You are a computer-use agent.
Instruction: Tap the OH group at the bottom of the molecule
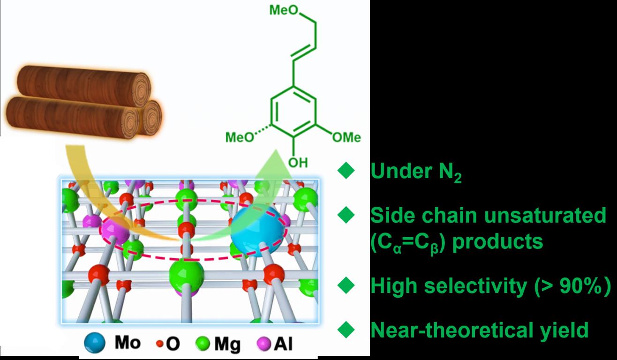298,163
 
